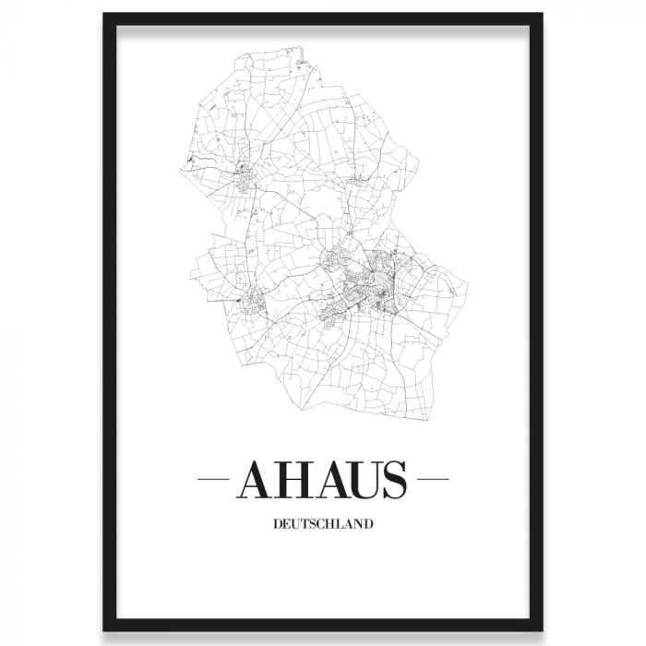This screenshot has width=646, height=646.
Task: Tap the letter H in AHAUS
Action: pos(293,480)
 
